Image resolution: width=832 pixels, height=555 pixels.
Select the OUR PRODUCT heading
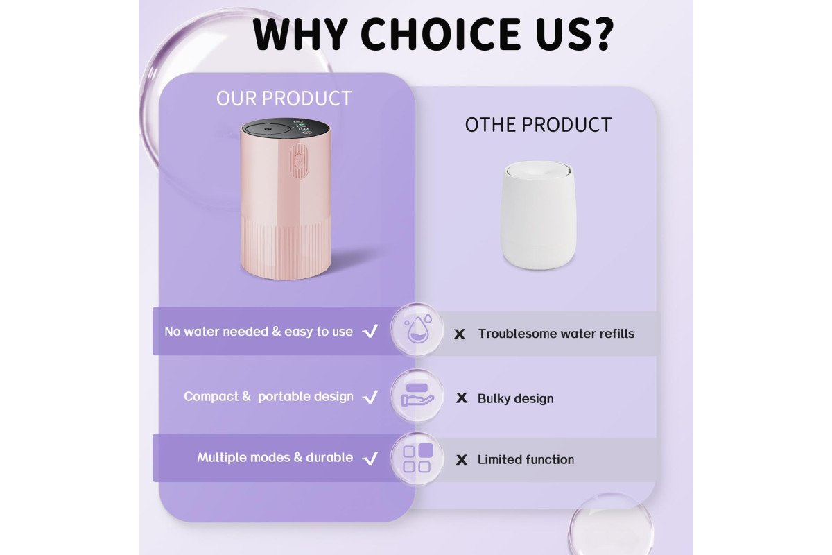click(x=284, y=99)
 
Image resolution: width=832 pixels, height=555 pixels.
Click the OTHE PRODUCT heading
click(x=538, y=125)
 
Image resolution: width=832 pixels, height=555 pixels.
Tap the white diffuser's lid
click(x=537, y=169)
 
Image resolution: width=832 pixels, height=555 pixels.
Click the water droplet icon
click(x=417, y=329)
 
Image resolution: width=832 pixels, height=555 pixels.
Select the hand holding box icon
click(x=417, y=395)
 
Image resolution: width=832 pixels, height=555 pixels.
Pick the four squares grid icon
click(x=417, y=458)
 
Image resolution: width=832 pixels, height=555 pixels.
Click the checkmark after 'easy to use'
click(x=370, y=331)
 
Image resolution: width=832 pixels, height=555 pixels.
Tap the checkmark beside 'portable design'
click(x=370, y=397)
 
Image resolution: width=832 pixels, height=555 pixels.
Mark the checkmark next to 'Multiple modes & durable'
click(x=370, y=458)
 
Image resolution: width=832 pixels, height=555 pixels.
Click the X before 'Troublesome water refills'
click(x=460, y=334)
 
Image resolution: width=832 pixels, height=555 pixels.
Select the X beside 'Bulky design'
click(x=461, y=398)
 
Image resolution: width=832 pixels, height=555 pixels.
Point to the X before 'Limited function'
click(x=461, y=460)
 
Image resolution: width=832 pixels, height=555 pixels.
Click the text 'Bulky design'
click(x=515, y=399)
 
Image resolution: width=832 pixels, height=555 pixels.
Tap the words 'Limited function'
click(x=526, y=460)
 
